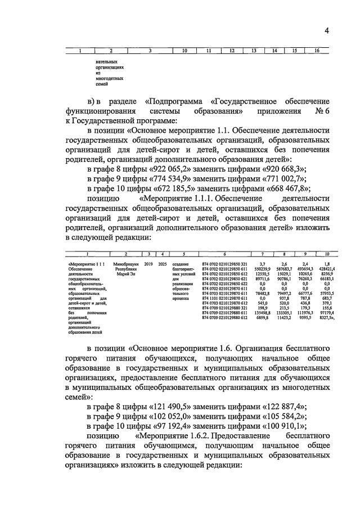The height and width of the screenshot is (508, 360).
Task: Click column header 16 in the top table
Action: coord(317,51)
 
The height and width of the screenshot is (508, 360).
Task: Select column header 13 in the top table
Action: coord(253,51)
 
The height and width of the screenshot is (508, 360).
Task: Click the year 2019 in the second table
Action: coord(148,263)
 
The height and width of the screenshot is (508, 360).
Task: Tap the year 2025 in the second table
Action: coord(163,263)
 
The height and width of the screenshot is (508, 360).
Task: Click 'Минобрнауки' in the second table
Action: coord(125,263)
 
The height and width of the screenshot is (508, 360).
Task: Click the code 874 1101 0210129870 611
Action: coord(224,299)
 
